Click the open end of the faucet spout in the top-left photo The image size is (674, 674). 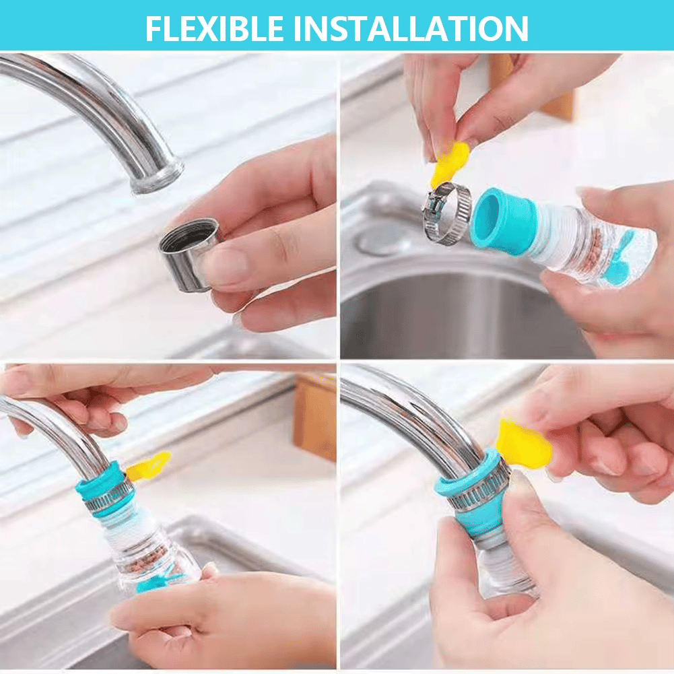[156, 176]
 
